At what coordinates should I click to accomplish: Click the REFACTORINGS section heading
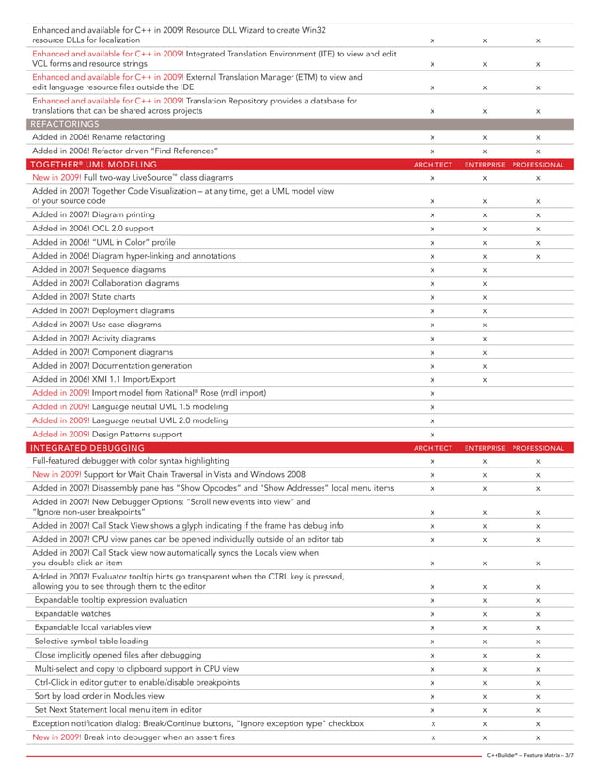(x=64, y=123)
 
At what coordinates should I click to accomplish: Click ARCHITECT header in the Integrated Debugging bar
(x=433, y=448)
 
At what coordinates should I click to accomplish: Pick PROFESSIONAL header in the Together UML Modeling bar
(x=538, y=164)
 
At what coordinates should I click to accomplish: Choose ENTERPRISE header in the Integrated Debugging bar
(x=485, y=448)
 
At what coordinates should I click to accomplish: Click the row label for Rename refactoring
(x=98, y=137)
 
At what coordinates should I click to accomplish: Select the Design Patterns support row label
(x=107, y=435)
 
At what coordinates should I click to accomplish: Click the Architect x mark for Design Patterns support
(x=432, y=436)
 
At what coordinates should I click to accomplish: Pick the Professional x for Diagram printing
(x=538, y=214)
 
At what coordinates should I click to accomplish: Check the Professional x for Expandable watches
(x=538, y=613)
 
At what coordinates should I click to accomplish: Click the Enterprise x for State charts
(x=485, y=297)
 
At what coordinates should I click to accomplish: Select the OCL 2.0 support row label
(x=94, y=228)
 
